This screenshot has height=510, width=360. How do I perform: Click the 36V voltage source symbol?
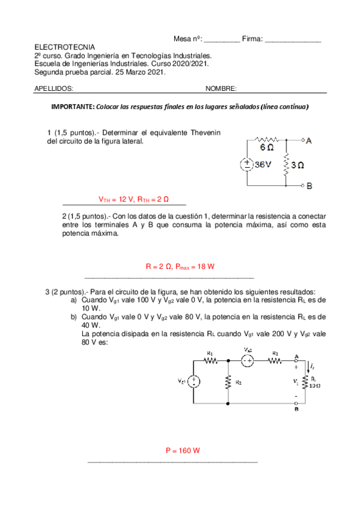pos(246,164)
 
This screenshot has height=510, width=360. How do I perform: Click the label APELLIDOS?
pos(53,88)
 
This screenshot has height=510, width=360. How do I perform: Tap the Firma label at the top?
pos(252,38)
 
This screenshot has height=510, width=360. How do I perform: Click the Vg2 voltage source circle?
pos(247,360)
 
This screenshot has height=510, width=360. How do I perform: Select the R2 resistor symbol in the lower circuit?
pos(228,381)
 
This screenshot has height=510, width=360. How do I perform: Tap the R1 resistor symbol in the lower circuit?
pos(210,361)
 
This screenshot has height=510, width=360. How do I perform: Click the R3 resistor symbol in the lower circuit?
pos(275,361)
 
